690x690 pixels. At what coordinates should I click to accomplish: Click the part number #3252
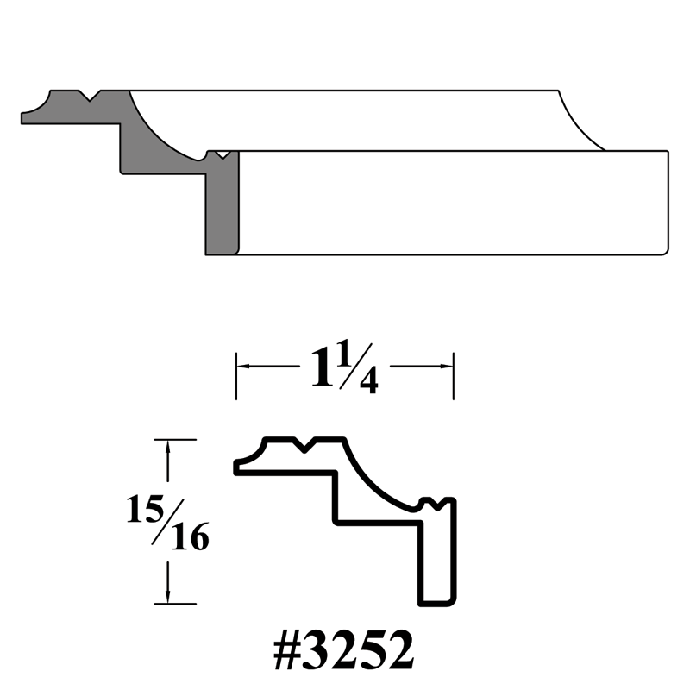(343, 654)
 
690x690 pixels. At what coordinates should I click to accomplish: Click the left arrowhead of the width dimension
(242, 367)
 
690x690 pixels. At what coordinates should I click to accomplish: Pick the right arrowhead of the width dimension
(448, 367)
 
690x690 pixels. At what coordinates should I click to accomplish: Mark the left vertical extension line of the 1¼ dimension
(236, 376)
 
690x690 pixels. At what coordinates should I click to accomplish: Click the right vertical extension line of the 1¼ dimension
(454, 376)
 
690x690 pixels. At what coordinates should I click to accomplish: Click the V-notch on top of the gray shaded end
(91, 95)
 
